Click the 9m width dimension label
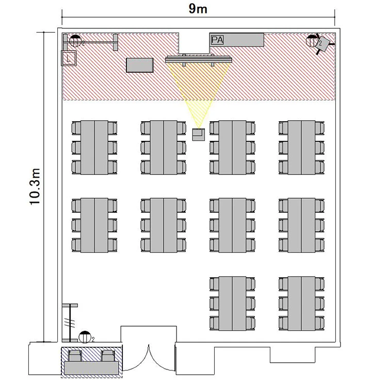[x=198, y=9]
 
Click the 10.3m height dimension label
[x=35, y=187]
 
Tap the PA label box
[x=217, y=40]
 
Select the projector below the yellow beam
[x=199, y=135]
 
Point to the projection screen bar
[x=199, y=59]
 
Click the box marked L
[x=69, y=58]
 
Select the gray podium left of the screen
[x=140, y=65]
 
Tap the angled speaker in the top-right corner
[x=324, y=44]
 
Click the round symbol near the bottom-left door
[x=85, y=337]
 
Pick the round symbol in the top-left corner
[x=75, y=41]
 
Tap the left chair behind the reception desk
[x=75, y=356]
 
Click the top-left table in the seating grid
[x=94, y=148]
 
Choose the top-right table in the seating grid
[x=301, y=148]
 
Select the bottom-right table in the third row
[x=301, y=303]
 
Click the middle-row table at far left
[x=94, y=225]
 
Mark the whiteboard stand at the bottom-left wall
[x=70, y=323]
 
